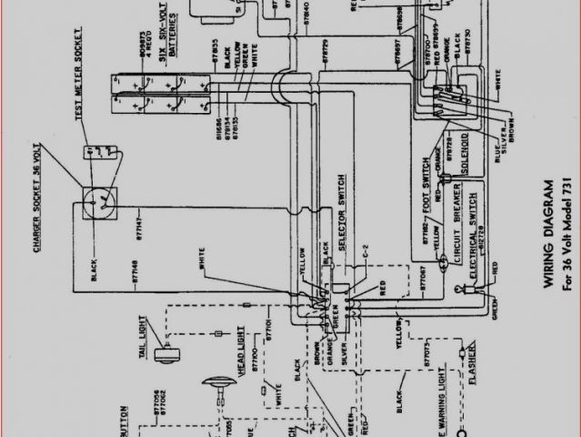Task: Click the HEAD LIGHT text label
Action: [x=242, y=359]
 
